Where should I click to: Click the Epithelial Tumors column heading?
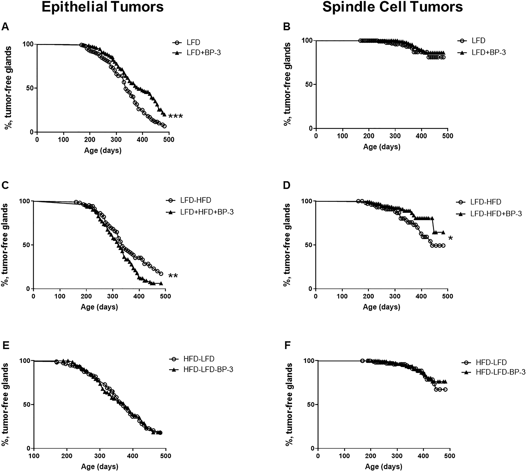[103, 7]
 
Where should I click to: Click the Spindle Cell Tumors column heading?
[393, 7]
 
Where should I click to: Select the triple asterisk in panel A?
[175, 116]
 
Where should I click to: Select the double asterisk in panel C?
[173, 276]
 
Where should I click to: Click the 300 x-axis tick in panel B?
[395, 136]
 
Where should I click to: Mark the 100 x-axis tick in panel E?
[34, 456]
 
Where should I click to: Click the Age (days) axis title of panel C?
[99, 307]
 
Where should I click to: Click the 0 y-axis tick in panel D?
[310, 289]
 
